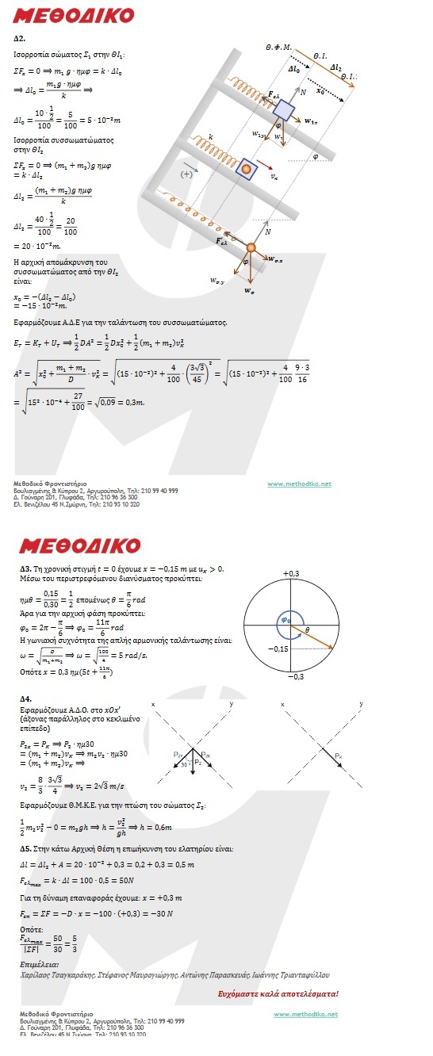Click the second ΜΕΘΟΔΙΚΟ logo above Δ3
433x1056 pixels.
pos(80,545)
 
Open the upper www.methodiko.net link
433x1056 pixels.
pos(300,484)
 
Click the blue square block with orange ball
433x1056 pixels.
pos(247,169)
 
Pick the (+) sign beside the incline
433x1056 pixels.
pos(188,173)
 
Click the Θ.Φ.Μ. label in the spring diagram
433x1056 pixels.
pos(279,48)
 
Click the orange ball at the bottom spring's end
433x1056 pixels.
pos(251,248)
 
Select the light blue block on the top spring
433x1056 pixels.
pos(284,111)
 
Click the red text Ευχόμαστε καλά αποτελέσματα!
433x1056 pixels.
pos(278,993)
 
